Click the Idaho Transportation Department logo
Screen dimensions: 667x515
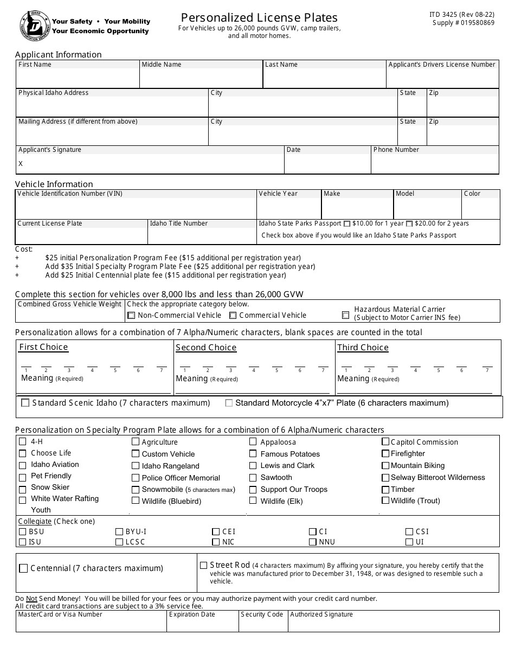(x=34, y=25)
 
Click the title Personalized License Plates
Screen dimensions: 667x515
(x=259, y=17)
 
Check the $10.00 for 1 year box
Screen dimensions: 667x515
(x=347, y=224)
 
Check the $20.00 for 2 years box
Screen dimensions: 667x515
(x=409, y=224)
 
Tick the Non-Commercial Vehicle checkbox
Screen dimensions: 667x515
(x=131, y=316)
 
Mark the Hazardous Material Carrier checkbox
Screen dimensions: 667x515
(x=345, y=315)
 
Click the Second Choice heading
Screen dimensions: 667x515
(x=206, y=348)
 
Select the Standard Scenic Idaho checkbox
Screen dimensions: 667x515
(x=25, y=403)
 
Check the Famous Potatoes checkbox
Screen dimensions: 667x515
(x=253, y=454)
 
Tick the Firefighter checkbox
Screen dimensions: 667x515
(x=385, y=453)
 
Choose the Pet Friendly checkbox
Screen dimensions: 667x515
(x=23, y=478)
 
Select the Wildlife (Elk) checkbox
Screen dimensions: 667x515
(x=253, y=501)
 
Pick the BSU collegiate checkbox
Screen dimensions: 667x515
(x=23, y=532)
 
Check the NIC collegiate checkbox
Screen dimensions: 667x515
(x=216, y=542)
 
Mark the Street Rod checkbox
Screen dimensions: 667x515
(x=204, y=565)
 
